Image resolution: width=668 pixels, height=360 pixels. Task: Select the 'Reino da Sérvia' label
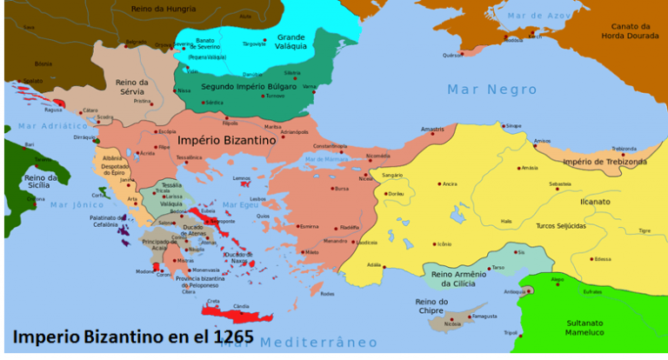coord(133,88)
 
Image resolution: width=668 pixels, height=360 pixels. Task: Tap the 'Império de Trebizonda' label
coord(605,162)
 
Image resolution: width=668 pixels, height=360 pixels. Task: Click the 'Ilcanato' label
coord(596,201)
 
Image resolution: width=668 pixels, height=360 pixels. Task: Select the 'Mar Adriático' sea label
coord(52,126)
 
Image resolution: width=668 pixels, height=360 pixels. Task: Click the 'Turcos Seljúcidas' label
coord(560,226)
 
